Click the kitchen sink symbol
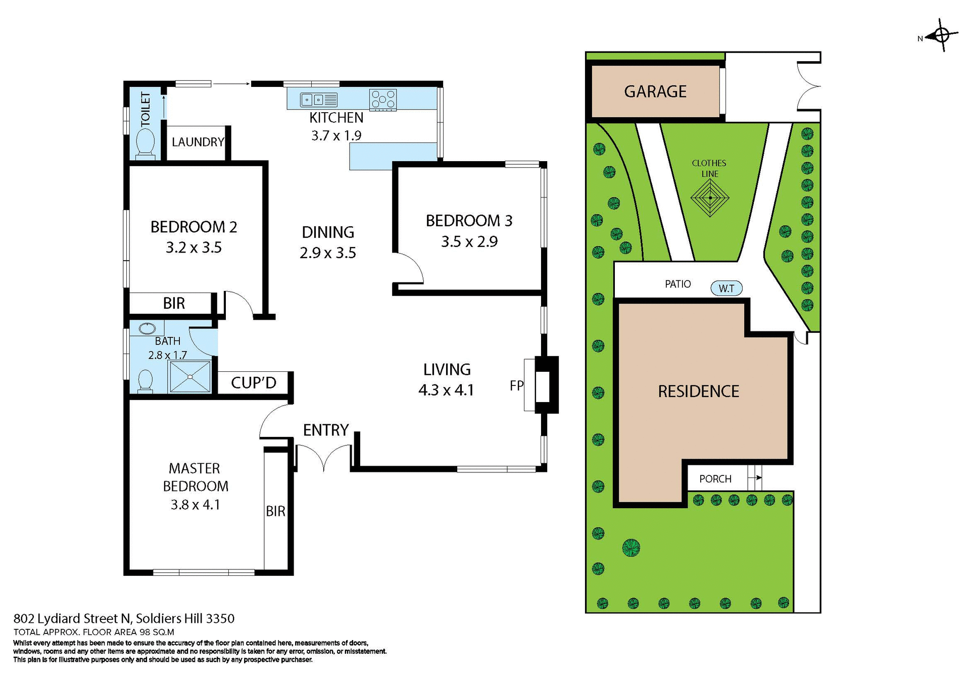(x=319, y=100)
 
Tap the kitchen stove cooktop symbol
(x=383, y=100)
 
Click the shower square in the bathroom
(x=190, y=376)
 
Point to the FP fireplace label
(x=516, y=386)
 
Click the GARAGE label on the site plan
(x=655, y=91)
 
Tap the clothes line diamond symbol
(x=710, y=198)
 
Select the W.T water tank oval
(x=726, y=288)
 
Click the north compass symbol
(x=940, y=36)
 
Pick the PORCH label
(x=715, y=479)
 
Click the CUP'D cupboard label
(x=254, y=383)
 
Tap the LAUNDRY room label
(x=198, y=142)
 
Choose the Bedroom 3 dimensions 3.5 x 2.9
(x=469, y=242)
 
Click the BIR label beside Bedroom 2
(x=174, y=304)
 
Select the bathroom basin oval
(x=147, y=329)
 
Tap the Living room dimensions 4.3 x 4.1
(x=446, y=390)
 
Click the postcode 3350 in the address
(x=220, y=618)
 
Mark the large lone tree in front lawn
(x=631, y=548)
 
